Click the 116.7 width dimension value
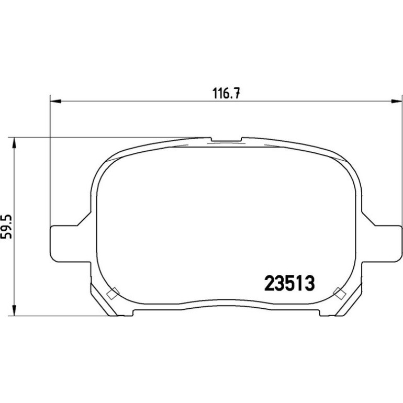click(226, 93)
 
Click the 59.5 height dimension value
click(6, 227)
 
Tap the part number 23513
click(289, 284)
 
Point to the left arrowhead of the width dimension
click(55, 102)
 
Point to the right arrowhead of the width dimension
click(396, 102)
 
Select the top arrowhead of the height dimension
click(15, 143)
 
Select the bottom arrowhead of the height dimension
click(15, 310)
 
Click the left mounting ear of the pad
click(70, 244)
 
